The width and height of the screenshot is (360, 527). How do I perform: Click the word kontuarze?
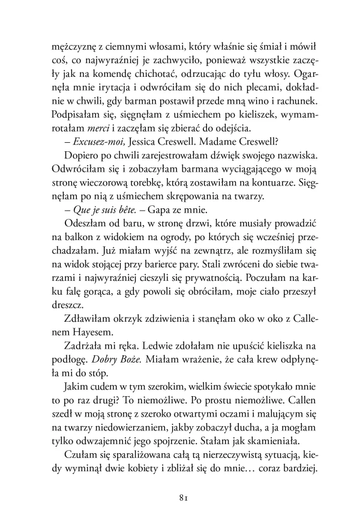pos(279,183)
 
